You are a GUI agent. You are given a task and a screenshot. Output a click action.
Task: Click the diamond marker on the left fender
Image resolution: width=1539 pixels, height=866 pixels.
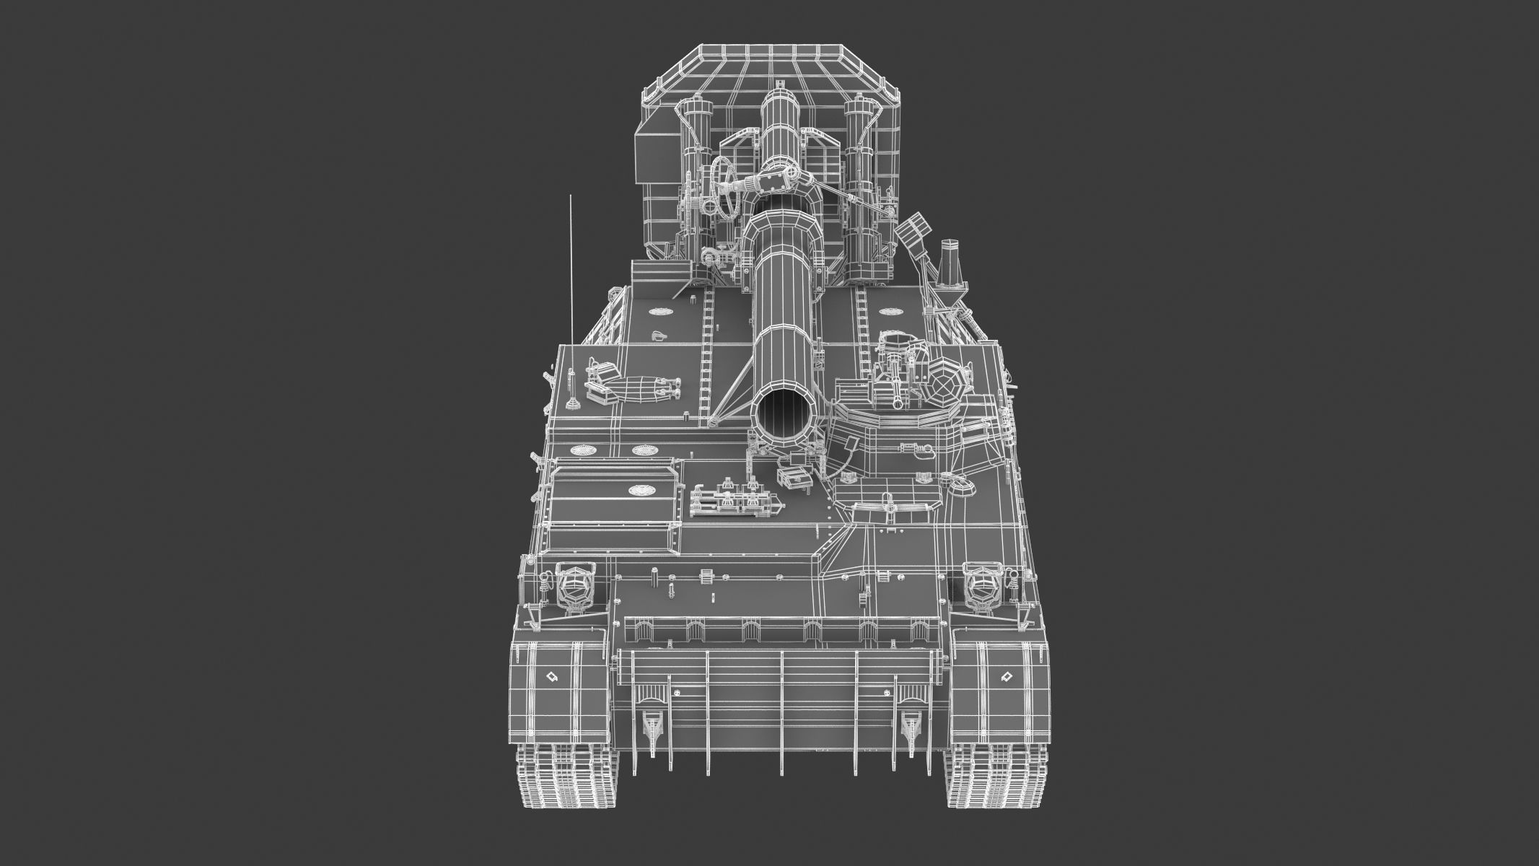[x=552, y=677]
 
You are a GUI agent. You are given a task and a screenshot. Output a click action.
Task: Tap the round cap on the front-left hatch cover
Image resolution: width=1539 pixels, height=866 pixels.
[x=638, y=491]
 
